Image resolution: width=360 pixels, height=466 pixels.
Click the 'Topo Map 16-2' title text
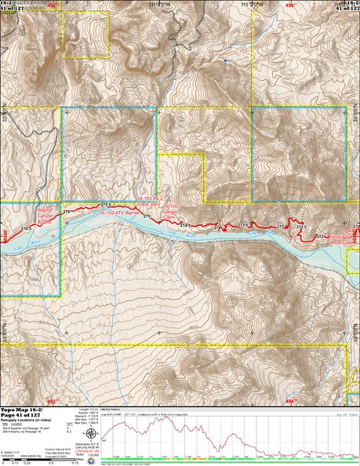(x=21, y=410)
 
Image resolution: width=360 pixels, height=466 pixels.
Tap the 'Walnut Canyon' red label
(x=46, y=214)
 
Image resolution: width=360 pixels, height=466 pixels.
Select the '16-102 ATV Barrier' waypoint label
(x=121, y=210)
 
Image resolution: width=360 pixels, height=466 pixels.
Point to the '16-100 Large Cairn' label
(x=170, y=209)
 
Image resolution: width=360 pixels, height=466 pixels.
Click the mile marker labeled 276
(x=67, y=213)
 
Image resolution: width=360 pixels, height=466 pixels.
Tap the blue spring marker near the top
(x=224, y=60)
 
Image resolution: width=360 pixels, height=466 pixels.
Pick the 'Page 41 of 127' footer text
(x=21, y=416)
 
